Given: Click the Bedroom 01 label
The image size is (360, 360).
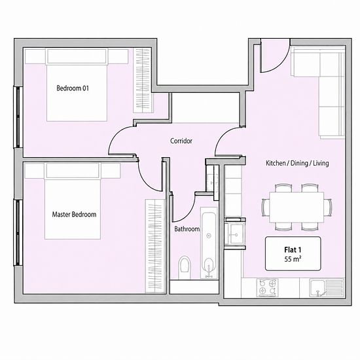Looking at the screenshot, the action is click(x=73, y=88).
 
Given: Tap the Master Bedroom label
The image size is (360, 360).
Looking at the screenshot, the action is click(x=74, y=215).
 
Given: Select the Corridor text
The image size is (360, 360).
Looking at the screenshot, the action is click(x=181, y=141).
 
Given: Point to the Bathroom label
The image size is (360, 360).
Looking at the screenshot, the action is click(x=187, y=229).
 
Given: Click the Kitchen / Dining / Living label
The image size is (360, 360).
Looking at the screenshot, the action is click(x=297, y=163).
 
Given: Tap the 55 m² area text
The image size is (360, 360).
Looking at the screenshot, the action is click(x=293, y=259).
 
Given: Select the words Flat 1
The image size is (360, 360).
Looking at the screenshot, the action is click(x=293, y=249).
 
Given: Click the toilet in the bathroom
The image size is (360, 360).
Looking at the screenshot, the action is click(x=185, y=267).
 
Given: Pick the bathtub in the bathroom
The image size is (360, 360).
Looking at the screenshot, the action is click(x=209, y=243).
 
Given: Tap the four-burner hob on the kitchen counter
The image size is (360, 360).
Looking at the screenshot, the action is click(x=267, y=288).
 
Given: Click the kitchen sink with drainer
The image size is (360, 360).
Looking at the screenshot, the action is click(x=327, y=288).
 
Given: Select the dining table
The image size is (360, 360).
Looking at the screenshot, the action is click(x=297, y=207).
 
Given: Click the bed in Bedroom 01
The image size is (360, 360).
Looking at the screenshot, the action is click(x=77, y=84).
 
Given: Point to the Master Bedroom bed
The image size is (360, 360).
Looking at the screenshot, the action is click(x=73, y=201).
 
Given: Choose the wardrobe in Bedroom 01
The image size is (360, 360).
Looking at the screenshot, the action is click(x=142, y=81).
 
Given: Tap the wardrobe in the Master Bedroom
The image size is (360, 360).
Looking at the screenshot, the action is click(x=155, y=246).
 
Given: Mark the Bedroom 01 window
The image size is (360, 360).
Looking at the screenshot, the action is click(x=18, y=117).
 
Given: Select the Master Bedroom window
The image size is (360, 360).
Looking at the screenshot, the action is click(x=18, y=233).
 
